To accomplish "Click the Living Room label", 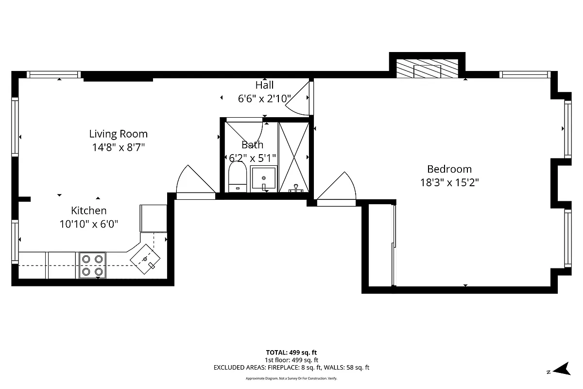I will tap(118, 134).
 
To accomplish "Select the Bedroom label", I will tap(449, 169).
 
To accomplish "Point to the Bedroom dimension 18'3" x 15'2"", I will tap(449, 182).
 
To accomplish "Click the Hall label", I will tap(264, 85).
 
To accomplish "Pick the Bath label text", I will tap(252, 144).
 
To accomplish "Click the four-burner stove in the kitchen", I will tap(93, 265).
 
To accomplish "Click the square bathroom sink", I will tap(263, 178).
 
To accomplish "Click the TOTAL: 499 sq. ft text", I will tap(291, 352).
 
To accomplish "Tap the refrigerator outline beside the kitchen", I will tap(153, 218).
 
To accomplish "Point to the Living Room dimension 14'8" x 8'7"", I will tap(118, 146).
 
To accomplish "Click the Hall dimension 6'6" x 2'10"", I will tap(264, 99).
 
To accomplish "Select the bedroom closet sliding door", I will tap(394, 246).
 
